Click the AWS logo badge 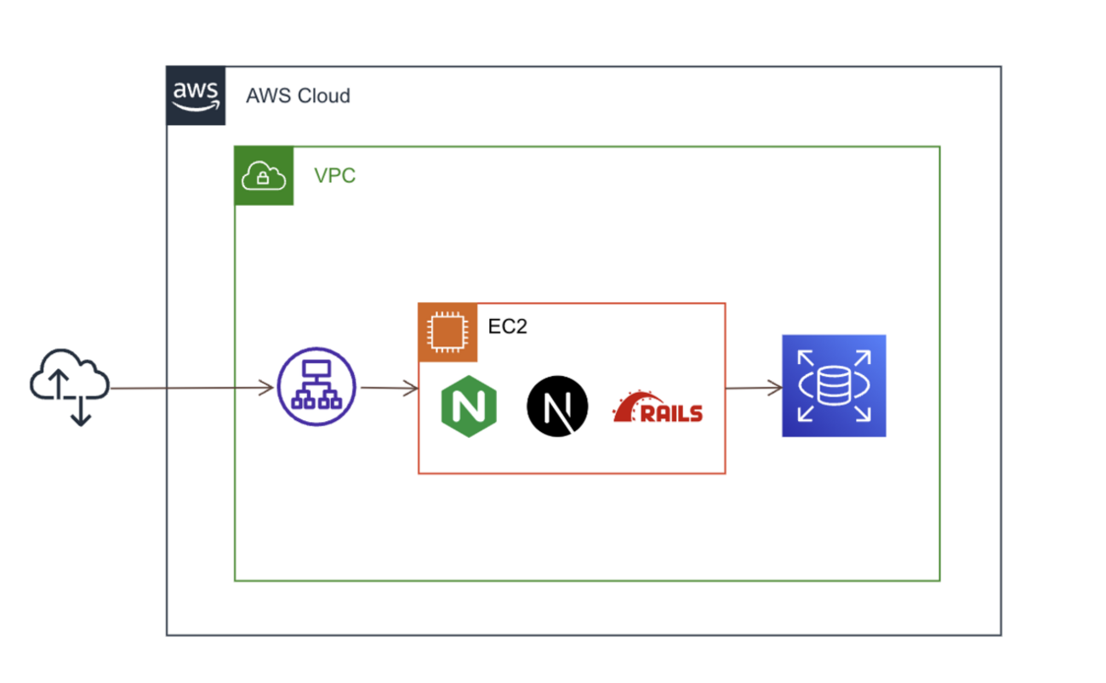(x=196, y=95)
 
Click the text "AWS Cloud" (x=298, y=95)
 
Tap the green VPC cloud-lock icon (x=264, y=176)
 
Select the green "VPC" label (x=334, y=177)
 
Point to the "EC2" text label (x=508, y=326)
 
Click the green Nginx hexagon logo (x=469, y=406)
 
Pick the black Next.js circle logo (x=557, y=407)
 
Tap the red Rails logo (x=658, y=408)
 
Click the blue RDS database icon (x=834, y=385)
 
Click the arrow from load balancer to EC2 (x=389, y=389)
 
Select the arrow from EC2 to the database (x=754, y=389)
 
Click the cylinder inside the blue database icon (x=834, y=386)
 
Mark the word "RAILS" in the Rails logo (x=672, y=414)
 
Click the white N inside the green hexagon (x=469, y=407)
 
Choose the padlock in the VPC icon (x=264, y=179)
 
